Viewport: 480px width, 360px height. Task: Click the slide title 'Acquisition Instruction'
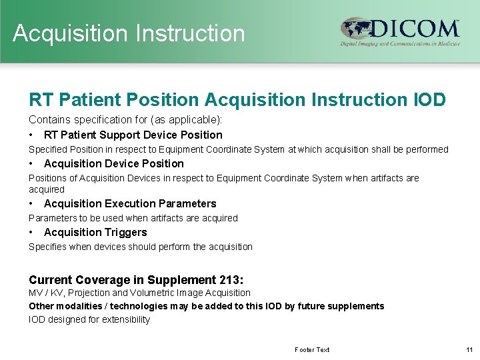click(129, 33)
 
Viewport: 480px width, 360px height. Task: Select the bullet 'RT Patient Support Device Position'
click(133, 135)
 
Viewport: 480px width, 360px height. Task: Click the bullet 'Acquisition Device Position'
click(113, 163)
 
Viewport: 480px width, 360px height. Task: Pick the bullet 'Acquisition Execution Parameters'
click(130, 203)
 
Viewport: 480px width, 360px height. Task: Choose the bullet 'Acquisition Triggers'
click(95, 232)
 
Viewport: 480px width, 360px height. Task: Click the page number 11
click(468, 349)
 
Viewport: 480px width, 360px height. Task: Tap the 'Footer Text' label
click(312, 349)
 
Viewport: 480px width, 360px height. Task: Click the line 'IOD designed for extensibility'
click(89, 319)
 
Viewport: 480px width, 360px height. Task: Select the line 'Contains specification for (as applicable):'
click(125, 120)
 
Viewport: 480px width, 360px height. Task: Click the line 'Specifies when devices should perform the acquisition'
click(141, 247)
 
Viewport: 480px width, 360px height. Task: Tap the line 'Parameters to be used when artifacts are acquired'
click(133, 218)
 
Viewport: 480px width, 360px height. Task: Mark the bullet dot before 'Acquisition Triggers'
click(31, 232)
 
